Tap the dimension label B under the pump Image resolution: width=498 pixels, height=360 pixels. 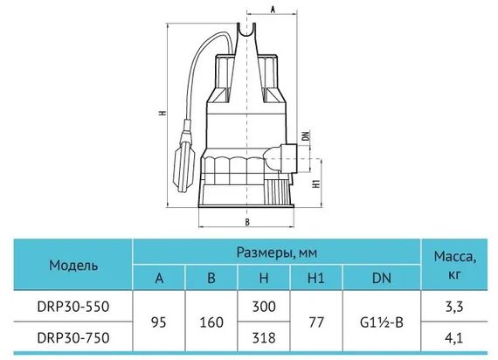247,220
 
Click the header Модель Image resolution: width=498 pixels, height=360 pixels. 73,265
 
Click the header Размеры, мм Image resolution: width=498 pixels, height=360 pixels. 277,252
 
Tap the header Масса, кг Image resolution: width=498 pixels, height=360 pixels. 453,265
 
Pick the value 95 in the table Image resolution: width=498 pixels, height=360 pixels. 160,322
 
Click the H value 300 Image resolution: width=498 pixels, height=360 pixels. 263,307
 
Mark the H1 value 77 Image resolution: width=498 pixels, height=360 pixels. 316,322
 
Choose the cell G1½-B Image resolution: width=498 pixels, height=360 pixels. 382,322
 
